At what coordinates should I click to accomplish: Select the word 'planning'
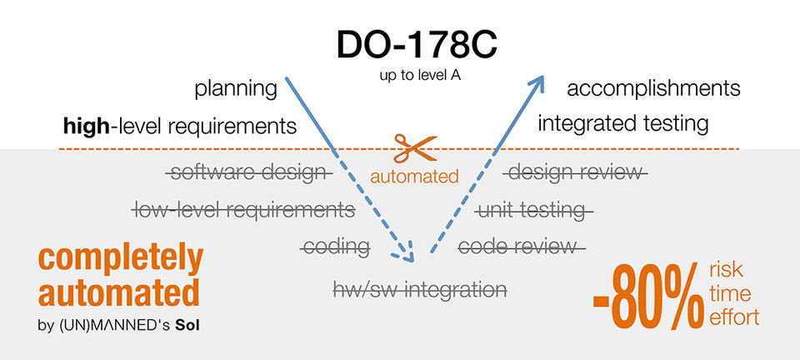pyautogui.click(x=236, y=89)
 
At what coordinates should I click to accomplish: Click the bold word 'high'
pyautogui.click(x=87, y=127)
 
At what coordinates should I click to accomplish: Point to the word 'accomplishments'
pyautogui.click(x=652, y=88)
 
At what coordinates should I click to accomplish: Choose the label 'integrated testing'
pyautogui.click(x=623, y=124)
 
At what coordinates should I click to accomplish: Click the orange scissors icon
pyautogui.click(x=411, y=147)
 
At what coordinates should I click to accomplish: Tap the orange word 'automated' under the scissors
pyautogui.click(x=414, y=177)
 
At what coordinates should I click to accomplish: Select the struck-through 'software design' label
pyautogui.click(x=248, y=172)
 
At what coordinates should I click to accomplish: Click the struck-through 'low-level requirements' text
pyautogui.click(x=244, y=209)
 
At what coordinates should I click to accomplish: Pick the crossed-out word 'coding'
pyautogui.click(x=336, y=246)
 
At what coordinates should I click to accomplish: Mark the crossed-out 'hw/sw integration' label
pyautogui.click(x=419, y=289)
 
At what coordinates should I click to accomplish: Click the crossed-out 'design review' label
pyautogui.click(x=575, y=172)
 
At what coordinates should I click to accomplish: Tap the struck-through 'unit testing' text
pyautogui.click(x=533, y=209)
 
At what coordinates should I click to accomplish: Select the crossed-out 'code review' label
pyautogui.click(x=522, y=246)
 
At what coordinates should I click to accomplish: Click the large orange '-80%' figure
pyautogui.click(x=647, y=297)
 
